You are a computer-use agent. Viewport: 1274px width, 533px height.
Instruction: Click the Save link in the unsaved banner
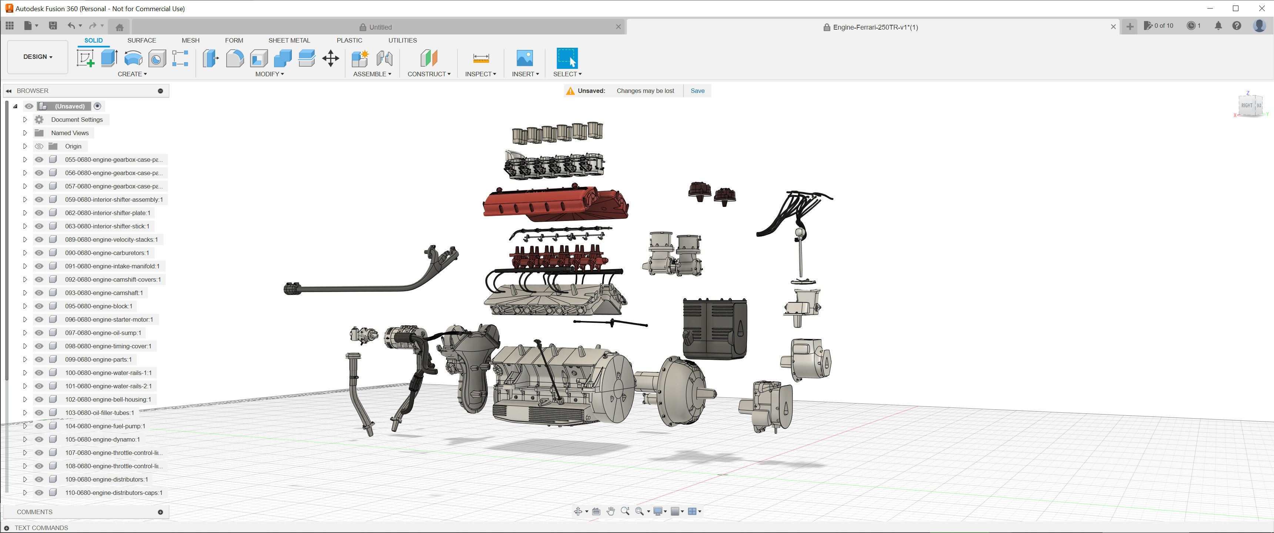pyautogui.click(x=697, y=90)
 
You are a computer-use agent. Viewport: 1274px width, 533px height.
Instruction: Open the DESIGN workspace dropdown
pyautogui.click(x=37, y=57)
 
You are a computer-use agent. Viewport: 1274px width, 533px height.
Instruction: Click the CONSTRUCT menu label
pyautogui.click(x=428, y=74)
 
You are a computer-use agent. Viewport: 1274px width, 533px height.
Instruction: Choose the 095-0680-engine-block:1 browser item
pyautogui.click(x=99, y=306)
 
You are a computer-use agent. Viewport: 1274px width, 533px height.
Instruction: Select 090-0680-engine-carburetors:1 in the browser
pyautogui.click(x=107, y=253)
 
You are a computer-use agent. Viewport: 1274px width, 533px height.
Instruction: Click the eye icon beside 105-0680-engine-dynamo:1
pyautogui.click(x=39, y=439)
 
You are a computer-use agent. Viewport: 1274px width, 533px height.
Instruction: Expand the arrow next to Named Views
pyautogui.click(x=25, y=133)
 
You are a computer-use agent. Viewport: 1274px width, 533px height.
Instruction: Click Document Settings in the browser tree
pyautogui.click(x=77, y=120)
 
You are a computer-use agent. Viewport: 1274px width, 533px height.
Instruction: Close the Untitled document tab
pyautogui.click(x=618, y=27)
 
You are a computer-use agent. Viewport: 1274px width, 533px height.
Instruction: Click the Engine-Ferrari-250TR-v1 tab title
pyautogui.click(x=875, y=27)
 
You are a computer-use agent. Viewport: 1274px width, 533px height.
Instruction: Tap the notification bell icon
pyautogui.click(x=1218, y=26)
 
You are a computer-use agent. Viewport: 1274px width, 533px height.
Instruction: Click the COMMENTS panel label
pyautogui.click(x=34, y=512)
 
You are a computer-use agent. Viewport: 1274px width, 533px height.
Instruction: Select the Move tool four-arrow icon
pyautogui.click(x=330, y=58)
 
